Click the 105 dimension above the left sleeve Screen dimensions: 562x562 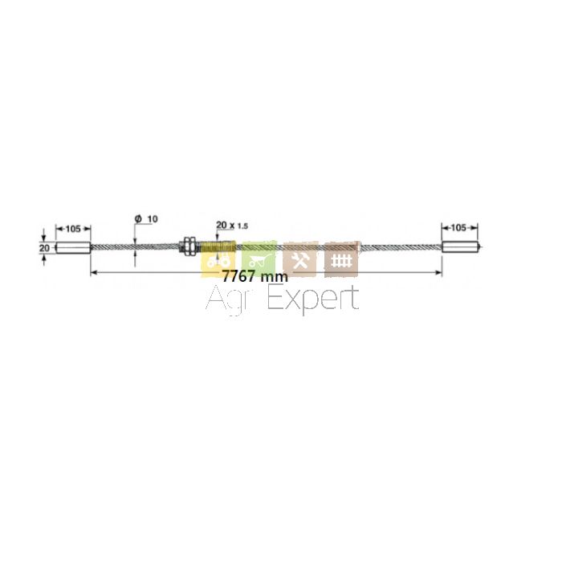(73, 228)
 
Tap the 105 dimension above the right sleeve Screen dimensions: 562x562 (458, 227)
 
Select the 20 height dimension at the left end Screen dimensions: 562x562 (44, 247)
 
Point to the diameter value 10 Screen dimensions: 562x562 (153, 218)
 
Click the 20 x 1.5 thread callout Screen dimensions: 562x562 (232, 225)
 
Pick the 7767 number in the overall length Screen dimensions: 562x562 (238, 276)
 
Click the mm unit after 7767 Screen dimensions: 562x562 (275, 278)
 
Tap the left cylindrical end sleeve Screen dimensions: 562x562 (73, 247)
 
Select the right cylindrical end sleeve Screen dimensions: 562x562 (462, 247)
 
